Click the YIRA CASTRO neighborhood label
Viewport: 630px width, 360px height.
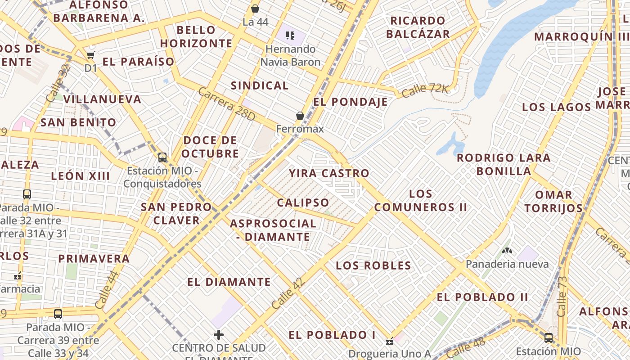tap(329, 173)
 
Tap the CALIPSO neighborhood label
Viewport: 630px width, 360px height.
tap(303, 202)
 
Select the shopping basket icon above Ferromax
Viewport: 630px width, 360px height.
tap(300, 116)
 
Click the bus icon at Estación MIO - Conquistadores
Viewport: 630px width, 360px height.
tap(162, 157)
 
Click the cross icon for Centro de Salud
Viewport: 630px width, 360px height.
tap(219, 335)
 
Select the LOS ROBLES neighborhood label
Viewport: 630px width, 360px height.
tap(373, 265)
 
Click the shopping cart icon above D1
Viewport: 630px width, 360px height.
tap(91, 55)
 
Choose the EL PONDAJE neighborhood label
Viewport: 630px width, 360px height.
tap(351, 102)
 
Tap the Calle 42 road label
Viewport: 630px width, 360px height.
tap(288, 294)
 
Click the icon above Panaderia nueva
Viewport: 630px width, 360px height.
tap(507, 250)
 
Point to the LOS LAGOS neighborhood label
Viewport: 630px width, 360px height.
tap(556, 107)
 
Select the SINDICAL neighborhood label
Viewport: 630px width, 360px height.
tap(260, 85)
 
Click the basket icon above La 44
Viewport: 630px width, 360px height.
tap(255, 9)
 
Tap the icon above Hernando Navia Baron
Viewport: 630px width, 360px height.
tap(290, 35)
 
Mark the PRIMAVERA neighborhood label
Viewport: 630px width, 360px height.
tap(94, 259)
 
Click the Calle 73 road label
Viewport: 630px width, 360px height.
tap(562, 297)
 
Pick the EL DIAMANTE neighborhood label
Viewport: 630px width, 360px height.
tap(229, 282)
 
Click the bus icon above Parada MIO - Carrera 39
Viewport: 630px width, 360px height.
tap(58, 314)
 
